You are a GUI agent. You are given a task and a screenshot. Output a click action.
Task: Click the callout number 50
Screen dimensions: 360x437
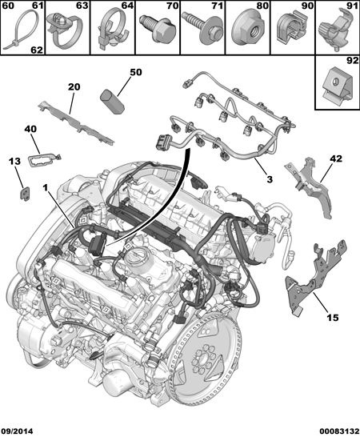pyautogui.click(x=136, y=73)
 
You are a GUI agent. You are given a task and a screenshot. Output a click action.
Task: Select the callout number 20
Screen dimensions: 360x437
pyautogui.click(x=74, y=87)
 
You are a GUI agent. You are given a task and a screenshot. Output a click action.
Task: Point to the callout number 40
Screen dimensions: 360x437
pyautogui.click(x=30, y=129)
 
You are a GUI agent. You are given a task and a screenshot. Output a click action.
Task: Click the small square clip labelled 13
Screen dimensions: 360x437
pyautogui.click(x=26, y=193)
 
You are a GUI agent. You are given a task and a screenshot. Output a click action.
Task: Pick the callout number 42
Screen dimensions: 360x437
pyautogui.click(x=336, y=158)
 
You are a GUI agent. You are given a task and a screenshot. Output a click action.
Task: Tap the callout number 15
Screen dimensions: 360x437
pyautogui.click(x=333, y=317)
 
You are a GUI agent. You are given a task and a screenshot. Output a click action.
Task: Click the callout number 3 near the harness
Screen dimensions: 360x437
pyautogui.click(x=270, y=179)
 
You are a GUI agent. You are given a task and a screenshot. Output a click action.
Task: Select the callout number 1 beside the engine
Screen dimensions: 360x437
pyautogui.click(x=45, y=188)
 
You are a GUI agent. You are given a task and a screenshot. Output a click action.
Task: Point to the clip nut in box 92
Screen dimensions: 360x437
pyautogui.click(x=338, y=87)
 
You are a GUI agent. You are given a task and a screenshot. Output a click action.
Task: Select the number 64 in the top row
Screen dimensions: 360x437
pyautogui.click(x=127, y=6)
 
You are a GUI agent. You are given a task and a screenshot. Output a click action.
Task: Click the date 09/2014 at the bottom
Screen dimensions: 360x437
pyautogui.click(x=17, y=431)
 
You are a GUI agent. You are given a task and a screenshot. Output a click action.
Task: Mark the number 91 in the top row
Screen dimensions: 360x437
pyautogui.click(x=353, y=6)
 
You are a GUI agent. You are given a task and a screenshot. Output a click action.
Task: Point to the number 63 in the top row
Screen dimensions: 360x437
pyautogui.click(x=82, y=6)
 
